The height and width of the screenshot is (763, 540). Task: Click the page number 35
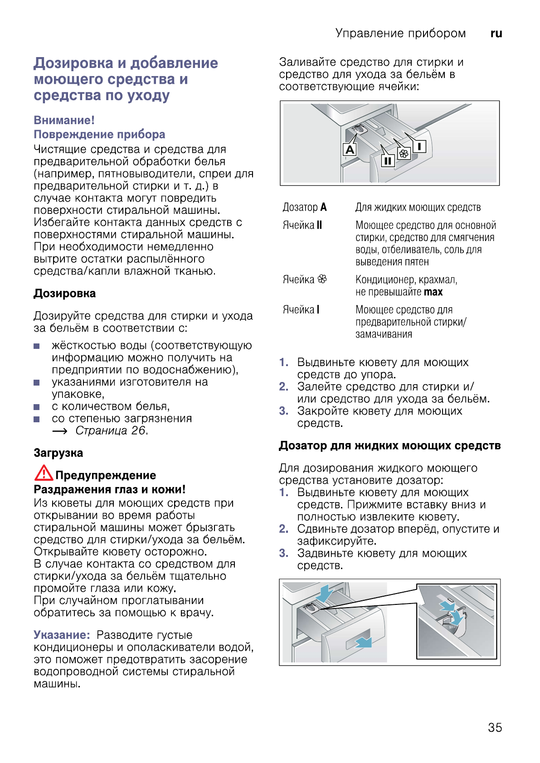pyautogui.click(x=495, y=727)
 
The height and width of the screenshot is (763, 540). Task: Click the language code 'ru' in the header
pyautogui.click(x=496, y=34)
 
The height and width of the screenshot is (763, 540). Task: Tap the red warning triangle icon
pyautogui.click(x=44, y=473)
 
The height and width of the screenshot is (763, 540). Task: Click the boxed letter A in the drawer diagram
pyautogui.click(x=350, y=149)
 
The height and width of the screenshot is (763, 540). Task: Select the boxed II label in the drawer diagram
pyautogui.click(x=388, y=160)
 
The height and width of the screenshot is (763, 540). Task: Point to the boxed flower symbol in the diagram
pyautogui.click(x=404, y=154)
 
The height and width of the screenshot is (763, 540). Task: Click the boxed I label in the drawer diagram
pyautogui.click(x=419, y=146)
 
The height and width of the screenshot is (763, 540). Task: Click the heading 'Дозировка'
pyautogui.click(x=64, y=294)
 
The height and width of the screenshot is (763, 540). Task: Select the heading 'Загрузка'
pyautogui.click(x=58, y=453)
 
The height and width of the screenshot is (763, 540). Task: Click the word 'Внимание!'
pyautogui.click(x=64, y=121)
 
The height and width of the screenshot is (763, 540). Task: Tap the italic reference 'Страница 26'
pyautogui.click(x=111, y=430)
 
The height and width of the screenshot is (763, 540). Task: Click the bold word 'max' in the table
pyautogui.click(x=433, y=292)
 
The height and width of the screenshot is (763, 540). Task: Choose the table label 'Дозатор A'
pyautogui.click(x=304, y=208)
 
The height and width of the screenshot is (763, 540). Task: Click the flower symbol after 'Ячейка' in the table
pyautogui.click(x=322, y=279)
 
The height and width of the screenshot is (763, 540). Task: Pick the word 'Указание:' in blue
pyautogui.click(x=62, y=635)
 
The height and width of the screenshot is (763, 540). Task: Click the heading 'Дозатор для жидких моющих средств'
pyautogui.click(x=389, y=446)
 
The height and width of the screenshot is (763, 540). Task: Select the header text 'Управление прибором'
pyautogui.click(x=400, y=34)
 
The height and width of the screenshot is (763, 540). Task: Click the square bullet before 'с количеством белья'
pyautogui.click(x=37, y=407)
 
